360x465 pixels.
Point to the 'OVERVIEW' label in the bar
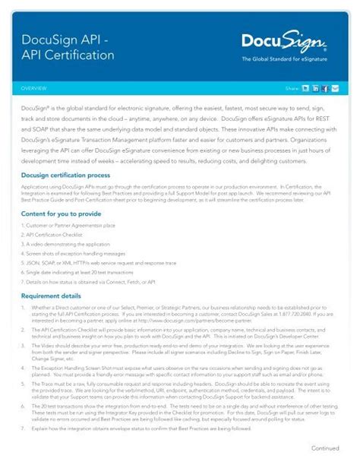(x=35, y=88)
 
